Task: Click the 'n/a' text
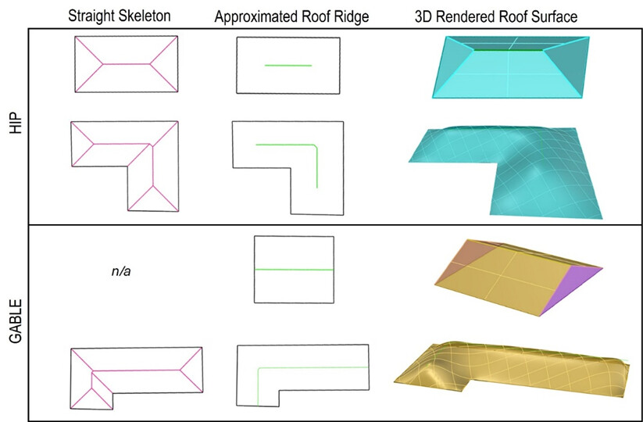point(120,272)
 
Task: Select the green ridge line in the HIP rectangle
point(288,65)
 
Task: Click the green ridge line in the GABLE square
point(293,270)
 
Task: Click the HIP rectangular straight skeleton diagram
point(126,65)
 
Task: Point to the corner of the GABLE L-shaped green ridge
point(259,367)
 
